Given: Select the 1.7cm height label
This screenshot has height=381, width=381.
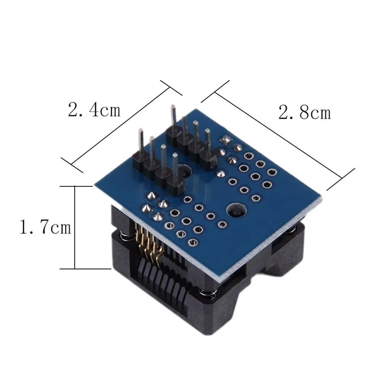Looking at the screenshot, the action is click(45, 228).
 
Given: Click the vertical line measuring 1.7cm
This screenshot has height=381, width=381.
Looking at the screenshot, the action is click(75, 227).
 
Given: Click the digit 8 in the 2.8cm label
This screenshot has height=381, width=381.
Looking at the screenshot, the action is click(304, 113).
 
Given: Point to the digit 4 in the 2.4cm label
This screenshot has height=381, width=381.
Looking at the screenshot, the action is click(93, 110).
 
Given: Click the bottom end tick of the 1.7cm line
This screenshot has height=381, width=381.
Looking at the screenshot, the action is click(75, 269).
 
